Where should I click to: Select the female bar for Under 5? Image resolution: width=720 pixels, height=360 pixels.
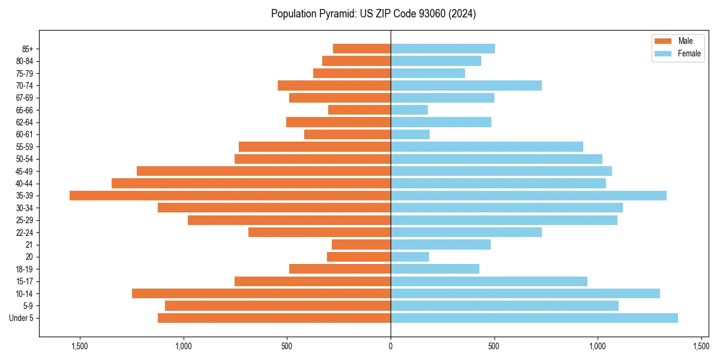(534, 318)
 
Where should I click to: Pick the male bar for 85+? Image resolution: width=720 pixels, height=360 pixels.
(362, 49)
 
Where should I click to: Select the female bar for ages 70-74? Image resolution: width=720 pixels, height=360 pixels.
(466, 85)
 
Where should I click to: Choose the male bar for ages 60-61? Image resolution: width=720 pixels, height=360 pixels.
(347, 134)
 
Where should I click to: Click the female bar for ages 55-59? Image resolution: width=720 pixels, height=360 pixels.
(487, 146)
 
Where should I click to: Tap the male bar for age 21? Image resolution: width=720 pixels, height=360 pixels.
(361, 244)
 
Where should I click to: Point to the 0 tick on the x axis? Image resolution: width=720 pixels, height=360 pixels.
(391, 346)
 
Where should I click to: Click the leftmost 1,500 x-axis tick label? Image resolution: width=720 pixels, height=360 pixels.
(80, 346)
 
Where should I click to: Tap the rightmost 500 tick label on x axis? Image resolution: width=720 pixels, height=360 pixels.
(494, 346)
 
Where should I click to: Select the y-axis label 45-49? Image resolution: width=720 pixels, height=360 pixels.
(25, 171)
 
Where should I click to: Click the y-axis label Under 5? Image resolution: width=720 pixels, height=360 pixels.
(22, 318)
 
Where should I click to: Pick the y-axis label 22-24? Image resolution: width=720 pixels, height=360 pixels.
(25, 232)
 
